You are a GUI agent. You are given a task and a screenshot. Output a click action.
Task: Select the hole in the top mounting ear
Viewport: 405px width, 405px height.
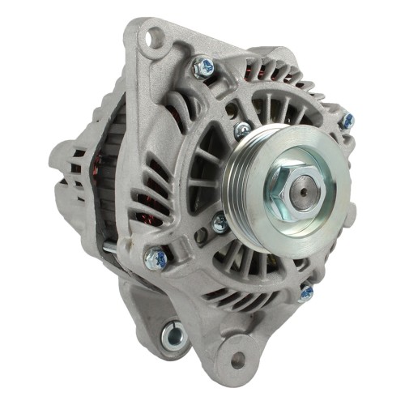tap(151, 36)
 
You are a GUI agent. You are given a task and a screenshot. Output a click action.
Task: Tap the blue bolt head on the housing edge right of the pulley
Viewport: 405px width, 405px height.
tap(347, 121)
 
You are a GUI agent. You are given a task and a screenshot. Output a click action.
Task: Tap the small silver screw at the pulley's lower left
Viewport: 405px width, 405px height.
tap(219, 221)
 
